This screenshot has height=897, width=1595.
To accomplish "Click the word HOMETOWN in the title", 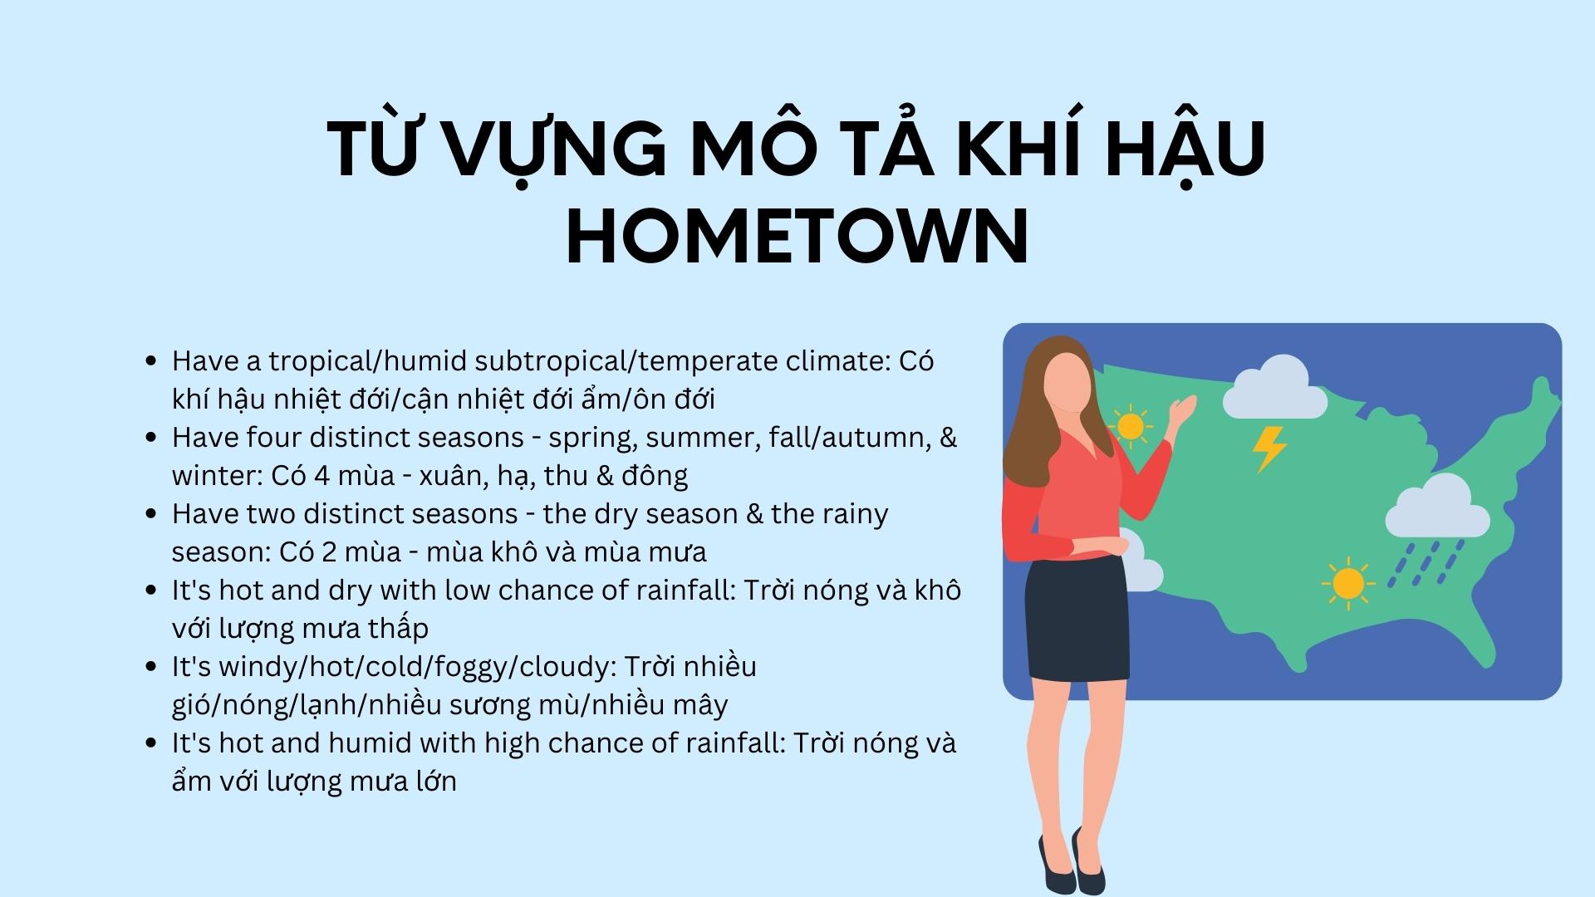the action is (797, 236).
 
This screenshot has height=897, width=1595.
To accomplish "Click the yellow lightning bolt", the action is (1269, 449).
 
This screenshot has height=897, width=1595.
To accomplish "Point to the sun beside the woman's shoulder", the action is (1131, 425).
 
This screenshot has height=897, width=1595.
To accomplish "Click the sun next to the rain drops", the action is (1347, 584).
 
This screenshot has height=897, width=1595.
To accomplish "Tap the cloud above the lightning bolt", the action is (1274, 387).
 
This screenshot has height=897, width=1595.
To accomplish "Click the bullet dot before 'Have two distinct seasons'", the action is (150, 514).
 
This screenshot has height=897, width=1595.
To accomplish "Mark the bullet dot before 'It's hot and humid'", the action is (150, 743).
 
